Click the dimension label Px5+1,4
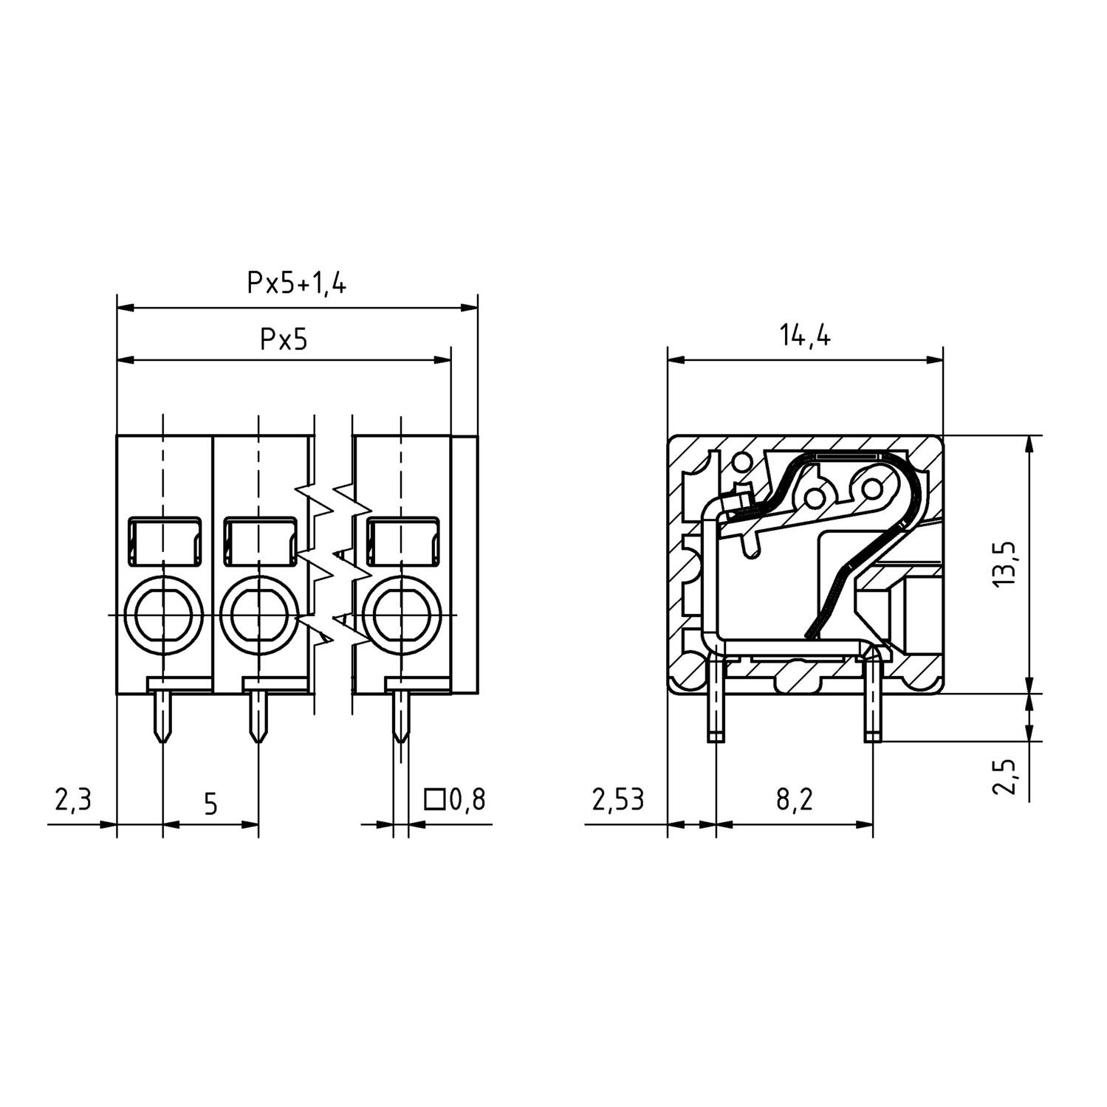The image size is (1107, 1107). click(x=296, y=283)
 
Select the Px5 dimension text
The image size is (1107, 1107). click(x=283, y=339)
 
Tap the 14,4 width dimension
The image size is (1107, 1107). click(x=804, y=336)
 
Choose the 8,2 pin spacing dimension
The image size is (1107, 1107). click(x=794, y=799)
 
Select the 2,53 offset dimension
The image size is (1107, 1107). click(x=617, y=799)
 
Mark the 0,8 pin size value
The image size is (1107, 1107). click(x=467, y=799)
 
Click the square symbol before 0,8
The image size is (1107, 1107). click(x=434, y=799)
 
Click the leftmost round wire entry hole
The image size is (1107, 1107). click(x=163, y=614)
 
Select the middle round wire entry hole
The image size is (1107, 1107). click(x=258, y=614)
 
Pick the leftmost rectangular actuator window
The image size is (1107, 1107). click(x=164, y=542)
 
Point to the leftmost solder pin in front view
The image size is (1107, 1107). click(x=162, y=716)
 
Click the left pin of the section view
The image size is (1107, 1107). click(x=715, y=701)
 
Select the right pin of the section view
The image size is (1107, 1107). click(x=872, y=701)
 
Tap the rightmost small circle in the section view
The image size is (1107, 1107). click(x=871, y=489)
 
